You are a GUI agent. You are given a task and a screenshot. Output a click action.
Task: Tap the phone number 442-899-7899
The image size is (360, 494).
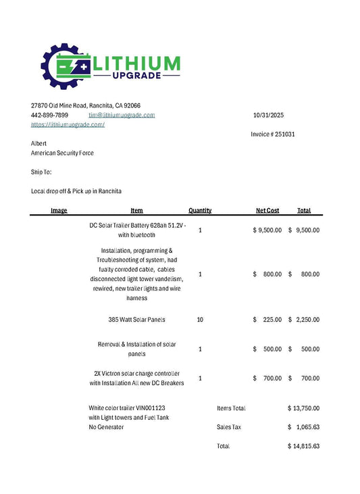(49, 116)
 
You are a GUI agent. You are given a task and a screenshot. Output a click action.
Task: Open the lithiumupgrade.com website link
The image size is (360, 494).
(68, 124)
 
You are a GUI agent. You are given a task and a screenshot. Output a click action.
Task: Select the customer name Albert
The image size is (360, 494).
(39, 143)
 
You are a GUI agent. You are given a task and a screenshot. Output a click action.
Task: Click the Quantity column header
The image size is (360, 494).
(200, 210)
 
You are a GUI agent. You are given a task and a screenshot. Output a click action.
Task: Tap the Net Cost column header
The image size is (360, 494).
(267, 210)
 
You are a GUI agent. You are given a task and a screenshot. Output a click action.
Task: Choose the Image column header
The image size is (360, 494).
(59, 210)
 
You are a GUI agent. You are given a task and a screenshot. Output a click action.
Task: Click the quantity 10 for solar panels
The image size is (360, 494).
(200, 320)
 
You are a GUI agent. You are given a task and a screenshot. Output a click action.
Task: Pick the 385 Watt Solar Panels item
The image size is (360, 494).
(136, 320)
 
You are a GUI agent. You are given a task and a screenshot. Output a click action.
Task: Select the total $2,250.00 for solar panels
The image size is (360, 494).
(304, 320)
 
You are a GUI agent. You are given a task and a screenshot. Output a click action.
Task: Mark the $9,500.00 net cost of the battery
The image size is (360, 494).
(267, 230)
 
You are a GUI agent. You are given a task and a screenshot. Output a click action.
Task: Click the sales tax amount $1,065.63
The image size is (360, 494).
(304, 427)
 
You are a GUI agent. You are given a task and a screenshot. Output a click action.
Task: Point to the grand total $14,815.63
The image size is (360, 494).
(303, 446)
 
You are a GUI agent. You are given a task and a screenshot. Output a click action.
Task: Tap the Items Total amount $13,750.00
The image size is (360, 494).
(303, 408)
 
